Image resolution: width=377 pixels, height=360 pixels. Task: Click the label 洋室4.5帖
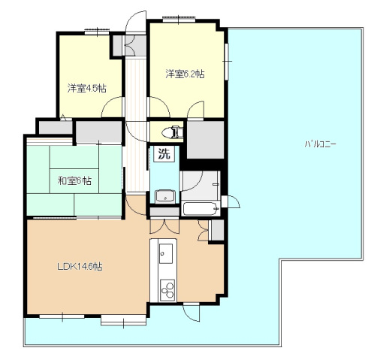[x=86, y=88]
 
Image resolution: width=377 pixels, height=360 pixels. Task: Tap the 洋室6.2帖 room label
[x=185, y=74]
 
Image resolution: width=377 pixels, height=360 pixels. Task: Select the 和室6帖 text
[x=74, y=180]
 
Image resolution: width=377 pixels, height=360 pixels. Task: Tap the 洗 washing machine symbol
[x=164, y=155]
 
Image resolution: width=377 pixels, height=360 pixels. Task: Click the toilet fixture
[x=174, y=132]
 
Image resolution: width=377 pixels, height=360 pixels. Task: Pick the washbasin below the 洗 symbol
[x=164, y=196]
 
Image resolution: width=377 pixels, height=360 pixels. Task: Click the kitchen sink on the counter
[x=164, y=254]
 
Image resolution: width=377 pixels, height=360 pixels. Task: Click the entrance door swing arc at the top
[x=135, y=21]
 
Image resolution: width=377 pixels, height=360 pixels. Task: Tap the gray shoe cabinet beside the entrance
[x=119, y=45]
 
